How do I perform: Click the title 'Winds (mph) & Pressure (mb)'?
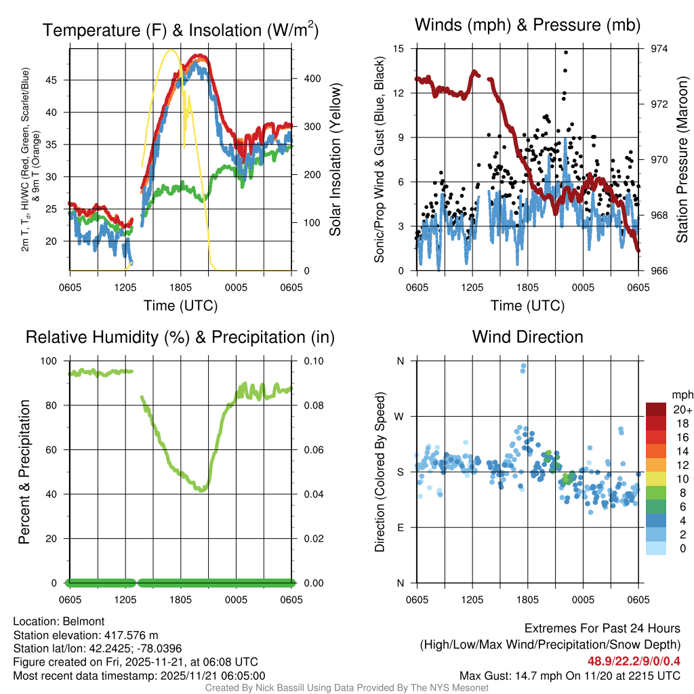[527, 25]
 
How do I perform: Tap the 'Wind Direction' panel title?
[527, 337]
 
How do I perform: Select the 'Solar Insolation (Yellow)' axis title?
[335, 159]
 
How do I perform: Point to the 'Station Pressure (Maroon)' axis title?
[682, 159]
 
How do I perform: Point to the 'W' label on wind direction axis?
[400, 416]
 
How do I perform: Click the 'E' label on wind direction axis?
[401, 527]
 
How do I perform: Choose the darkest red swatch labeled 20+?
[657, 409]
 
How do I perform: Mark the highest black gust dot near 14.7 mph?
[566, 52]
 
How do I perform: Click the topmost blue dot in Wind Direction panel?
[523, 366]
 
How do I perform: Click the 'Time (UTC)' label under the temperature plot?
[180, 306]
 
